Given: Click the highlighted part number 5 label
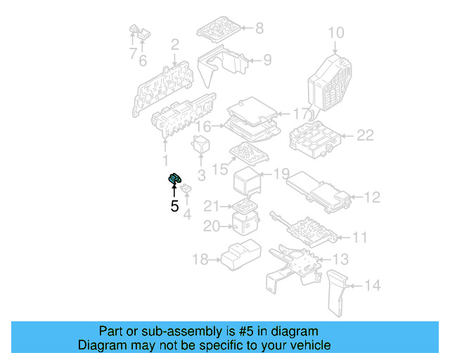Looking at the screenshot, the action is [x=174, y=207].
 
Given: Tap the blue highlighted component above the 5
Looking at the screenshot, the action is [x=174, y=181].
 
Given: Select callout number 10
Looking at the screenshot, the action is [x=336, y=32].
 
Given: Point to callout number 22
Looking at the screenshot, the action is [x=365, y=136].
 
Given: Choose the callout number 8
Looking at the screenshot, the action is [x=259, y=29].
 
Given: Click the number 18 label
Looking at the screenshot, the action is [x=200, y=260].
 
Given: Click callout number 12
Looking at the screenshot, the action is [x=371, y=198].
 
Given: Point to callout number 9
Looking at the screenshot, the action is [x=266, y=60].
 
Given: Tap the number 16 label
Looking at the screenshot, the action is [x=203, y=127].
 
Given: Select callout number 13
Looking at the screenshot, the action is [x=340, y=259].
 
